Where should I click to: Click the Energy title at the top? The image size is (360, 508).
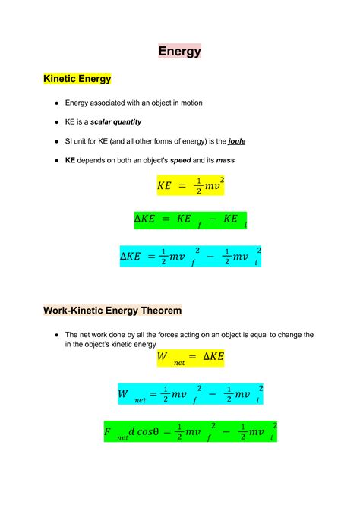tap(180, 52)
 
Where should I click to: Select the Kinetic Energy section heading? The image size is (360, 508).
tap(77, 78)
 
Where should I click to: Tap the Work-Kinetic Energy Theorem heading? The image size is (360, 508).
tap(112, 311)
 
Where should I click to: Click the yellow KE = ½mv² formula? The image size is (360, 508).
tap(191, 185)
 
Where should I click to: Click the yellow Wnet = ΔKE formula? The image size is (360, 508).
tap(191, 358)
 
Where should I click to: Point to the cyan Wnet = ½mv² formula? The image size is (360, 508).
tap(191, 394)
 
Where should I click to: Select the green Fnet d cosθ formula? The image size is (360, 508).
tap(191, 432)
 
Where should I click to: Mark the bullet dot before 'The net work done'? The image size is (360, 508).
tap(57, 335)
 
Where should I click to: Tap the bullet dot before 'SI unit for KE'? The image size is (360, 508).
tap(57, 142)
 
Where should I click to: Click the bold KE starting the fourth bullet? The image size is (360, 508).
tap(71, 161)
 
